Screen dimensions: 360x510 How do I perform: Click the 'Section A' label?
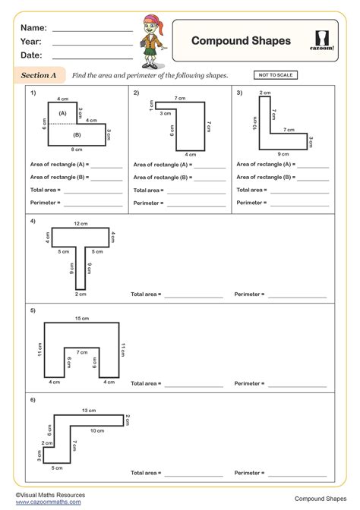coord(39,76)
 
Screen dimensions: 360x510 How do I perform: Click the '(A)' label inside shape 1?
coord(63,113)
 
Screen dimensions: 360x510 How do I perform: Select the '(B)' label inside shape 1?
coord(77,135)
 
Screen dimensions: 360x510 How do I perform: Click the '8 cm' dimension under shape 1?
coord(77,150)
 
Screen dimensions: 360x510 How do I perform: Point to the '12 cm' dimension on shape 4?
coord(81,224)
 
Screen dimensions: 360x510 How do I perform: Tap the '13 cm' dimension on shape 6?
coord(89,411)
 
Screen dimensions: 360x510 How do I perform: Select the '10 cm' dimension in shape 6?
coord(97,430)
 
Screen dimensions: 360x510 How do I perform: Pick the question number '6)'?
coord(33,399)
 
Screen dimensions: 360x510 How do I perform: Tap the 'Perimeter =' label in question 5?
coord(248,383)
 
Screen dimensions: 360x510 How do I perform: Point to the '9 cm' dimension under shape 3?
coord(283,153)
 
